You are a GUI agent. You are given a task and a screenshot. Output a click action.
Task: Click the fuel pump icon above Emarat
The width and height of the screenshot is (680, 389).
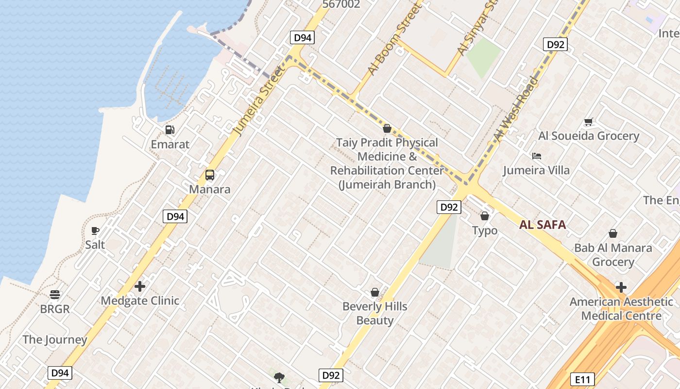tap(170, 130)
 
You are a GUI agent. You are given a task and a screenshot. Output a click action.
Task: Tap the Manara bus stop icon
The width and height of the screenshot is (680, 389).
tap(210, 175)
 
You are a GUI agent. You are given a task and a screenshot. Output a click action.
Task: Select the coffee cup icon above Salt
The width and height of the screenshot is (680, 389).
tap(95, 230)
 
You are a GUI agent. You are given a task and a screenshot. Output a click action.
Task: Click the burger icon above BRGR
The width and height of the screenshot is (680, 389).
tap(55, 295)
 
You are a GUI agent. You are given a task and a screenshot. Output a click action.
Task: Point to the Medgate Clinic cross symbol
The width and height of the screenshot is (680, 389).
tap(140, 286)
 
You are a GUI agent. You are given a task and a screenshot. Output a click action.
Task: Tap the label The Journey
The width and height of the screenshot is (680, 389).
tap(55, 339)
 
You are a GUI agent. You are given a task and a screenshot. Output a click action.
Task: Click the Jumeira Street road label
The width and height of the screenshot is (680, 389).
tap(259, 101)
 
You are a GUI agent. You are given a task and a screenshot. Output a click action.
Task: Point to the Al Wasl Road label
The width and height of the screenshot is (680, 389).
tap(516, 109)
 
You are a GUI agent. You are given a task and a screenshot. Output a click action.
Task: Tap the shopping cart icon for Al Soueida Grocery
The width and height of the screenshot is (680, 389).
tap(588, 122)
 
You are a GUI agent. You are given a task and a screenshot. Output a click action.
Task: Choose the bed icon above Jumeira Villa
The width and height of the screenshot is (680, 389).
tap(537, 156)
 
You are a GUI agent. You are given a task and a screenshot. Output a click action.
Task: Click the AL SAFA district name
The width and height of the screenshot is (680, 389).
tap(543, 225)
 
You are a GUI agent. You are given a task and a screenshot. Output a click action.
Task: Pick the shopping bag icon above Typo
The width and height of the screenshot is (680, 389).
tap(484, 216)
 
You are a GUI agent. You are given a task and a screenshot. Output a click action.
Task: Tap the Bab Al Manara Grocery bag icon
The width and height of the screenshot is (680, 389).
tap(613, 234)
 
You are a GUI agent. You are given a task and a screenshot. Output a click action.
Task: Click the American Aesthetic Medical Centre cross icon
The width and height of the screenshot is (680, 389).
tap(621, 287)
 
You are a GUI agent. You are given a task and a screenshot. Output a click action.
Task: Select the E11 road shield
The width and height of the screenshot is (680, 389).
tap(582, 379)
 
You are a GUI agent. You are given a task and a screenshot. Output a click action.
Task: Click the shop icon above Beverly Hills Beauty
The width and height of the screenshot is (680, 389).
tap(375, 292)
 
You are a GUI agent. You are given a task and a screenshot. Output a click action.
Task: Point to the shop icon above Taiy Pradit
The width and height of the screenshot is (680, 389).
tap(387, 128)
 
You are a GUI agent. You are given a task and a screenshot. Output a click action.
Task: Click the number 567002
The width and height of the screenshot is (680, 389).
tap(341, 4)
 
